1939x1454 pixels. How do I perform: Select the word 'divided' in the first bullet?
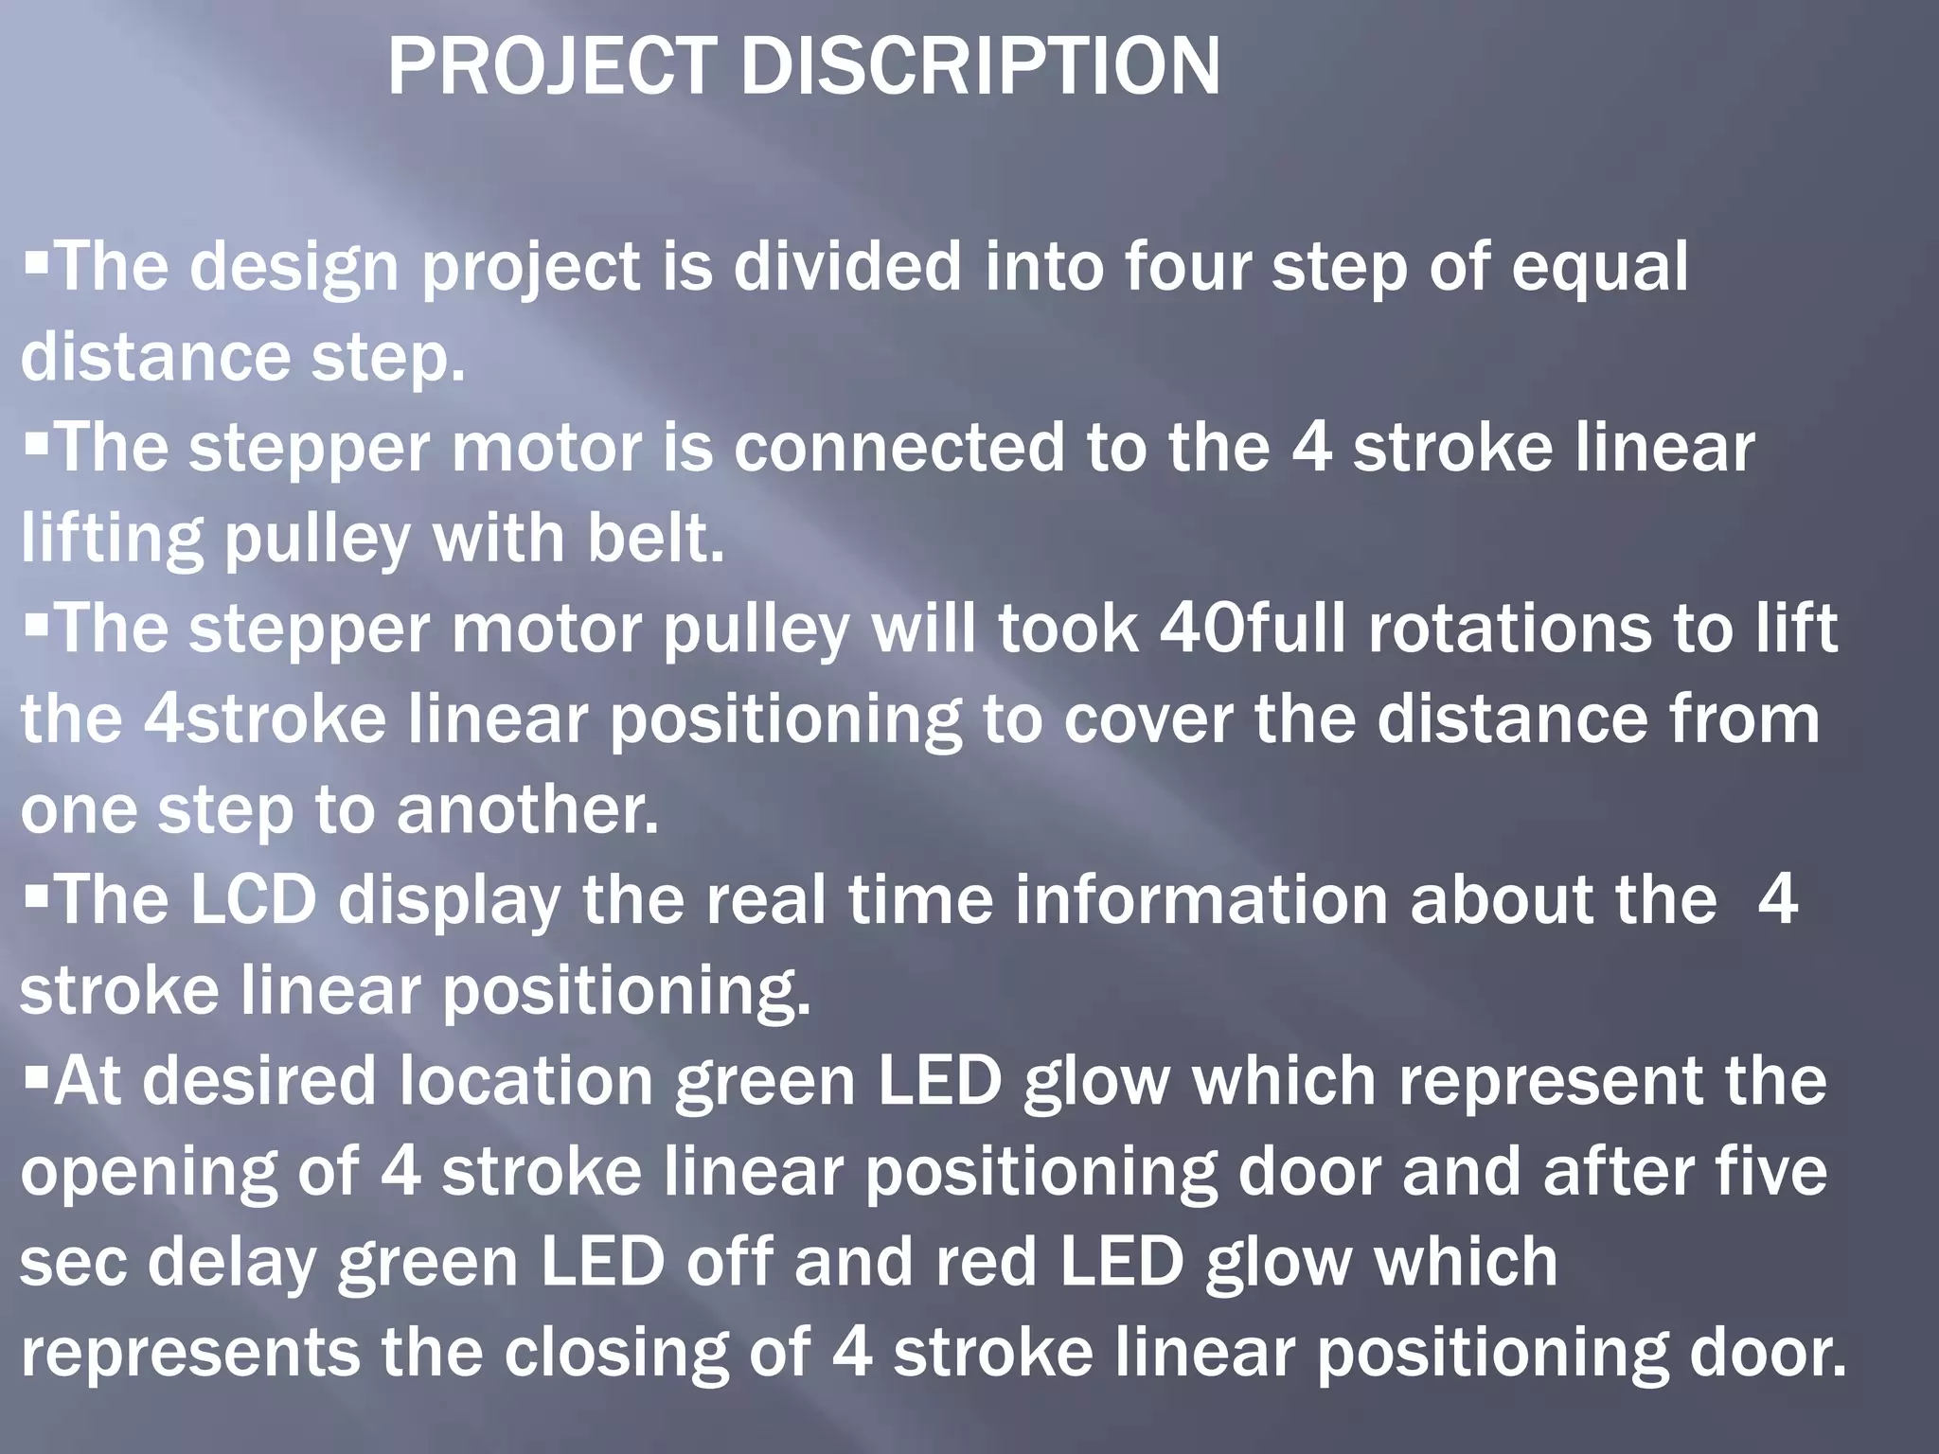tap(847, 267)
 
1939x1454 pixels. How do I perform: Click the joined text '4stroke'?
tap(265, 719)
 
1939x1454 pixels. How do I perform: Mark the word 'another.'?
tap(527, 810)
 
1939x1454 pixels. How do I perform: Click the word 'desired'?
tap(259, 1082)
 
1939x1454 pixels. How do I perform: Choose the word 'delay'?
tap(231, 1265)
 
